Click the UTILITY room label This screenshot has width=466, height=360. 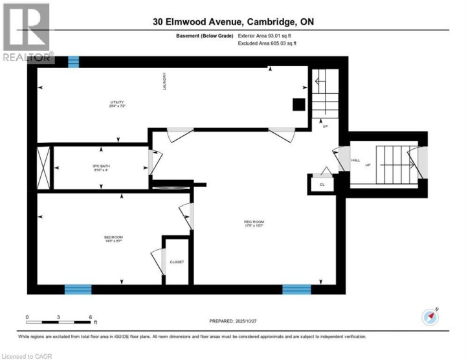click(116, 103)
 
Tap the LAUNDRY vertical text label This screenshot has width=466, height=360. click(166, 81)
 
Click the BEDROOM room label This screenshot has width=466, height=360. click(113, 238)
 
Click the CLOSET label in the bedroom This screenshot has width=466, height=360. click(177, 262)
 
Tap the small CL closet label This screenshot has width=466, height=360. click(322, 184)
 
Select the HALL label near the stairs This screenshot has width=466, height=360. click(355, 160)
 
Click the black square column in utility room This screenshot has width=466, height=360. click(298, 104)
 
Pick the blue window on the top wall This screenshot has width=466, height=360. click(74, 62)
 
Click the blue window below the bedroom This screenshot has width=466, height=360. click(78, 289)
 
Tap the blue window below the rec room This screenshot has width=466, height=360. click(296, 289)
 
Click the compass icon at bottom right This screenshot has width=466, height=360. click(430, 317)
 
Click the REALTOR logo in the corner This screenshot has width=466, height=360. click(27, 32)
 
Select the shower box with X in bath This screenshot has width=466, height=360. click(44, 167)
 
